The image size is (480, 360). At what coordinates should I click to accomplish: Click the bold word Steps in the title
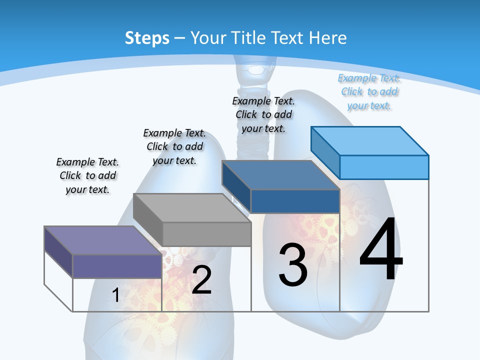147,38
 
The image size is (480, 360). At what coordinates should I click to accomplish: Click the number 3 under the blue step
292,265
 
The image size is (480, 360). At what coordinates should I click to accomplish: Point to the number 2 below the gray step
201,280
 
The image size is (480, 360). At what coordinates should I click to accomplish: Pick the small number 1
115,295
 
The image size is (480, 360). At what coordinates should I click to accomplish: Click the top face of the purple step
103,240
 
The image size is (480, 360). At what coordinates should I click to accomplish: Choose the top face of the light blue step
370,141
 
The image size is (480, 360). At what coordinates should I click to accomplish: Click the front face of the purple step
117,266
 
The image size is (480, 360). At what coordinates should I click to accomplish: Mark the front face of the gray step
207,234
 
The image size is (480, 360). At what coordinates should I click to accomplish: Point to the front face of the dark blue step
295,201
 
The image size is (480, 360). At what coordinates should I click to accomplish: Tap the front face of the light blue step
384,167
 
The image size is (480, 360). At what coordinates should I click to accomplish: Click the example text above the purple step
87,175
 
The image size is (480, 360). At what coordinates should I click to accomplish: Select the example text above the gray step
174,146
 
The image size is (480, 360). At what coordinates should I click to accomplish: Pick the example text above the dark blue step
263,114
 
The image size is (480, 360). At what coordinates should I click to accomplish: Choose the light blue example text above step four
369,91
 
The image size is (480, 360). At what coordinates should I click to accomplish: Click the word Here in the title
328,38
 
